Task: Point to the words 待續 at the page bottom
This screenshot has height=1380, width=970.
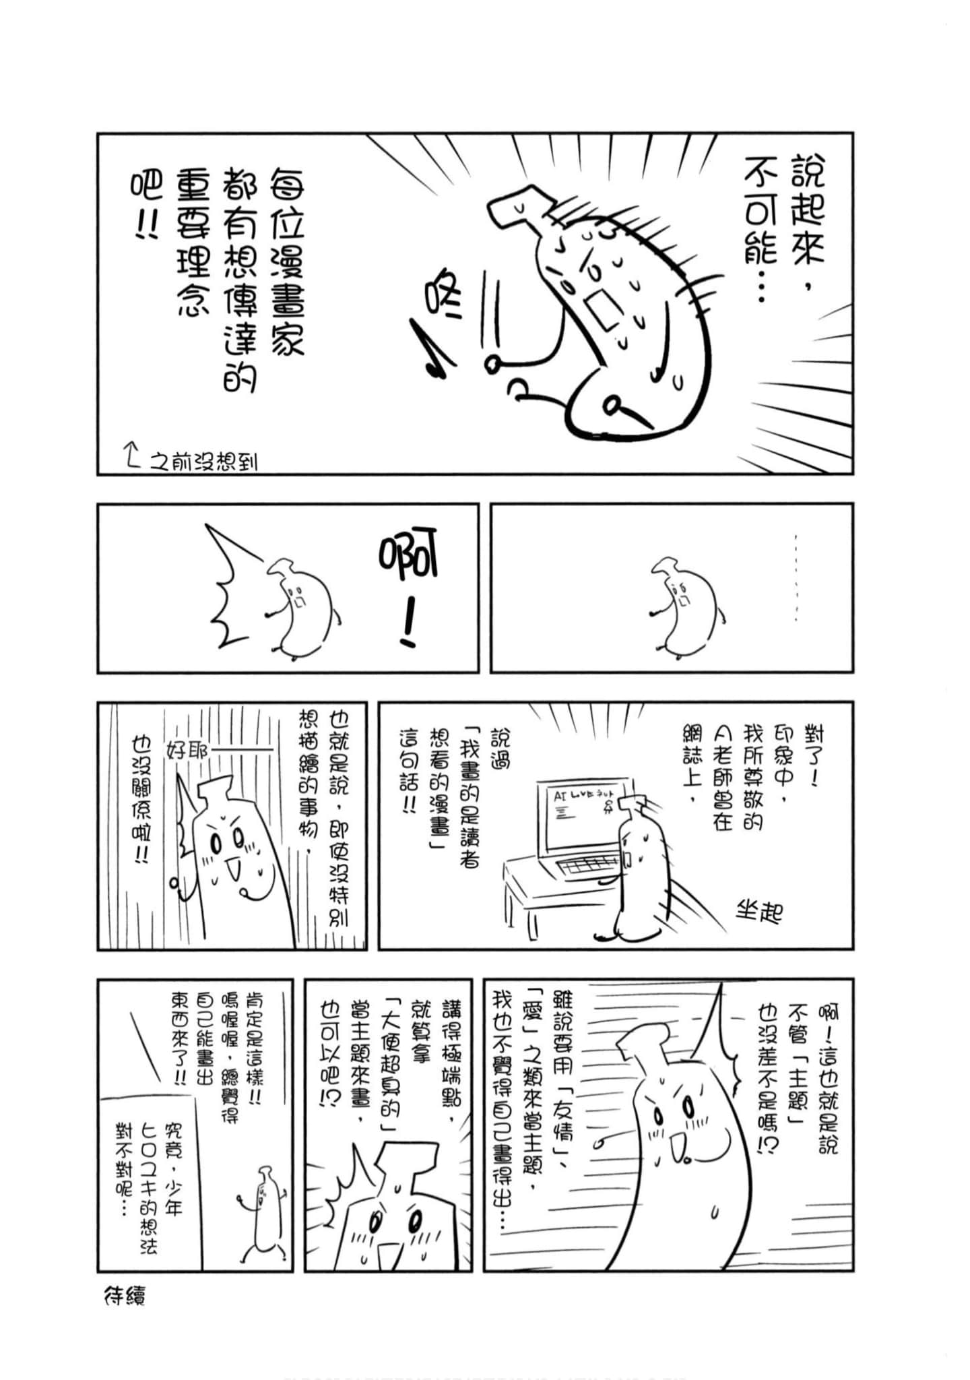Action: coord(125,1296)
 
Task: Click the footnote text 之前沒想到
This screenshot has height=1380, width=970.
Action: coord(202,462)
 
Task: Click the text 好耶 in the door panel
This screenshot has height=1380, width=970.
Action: coord(189,751)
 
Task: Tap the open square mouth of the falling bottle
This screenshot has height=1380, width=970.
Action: coord(603,310)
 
